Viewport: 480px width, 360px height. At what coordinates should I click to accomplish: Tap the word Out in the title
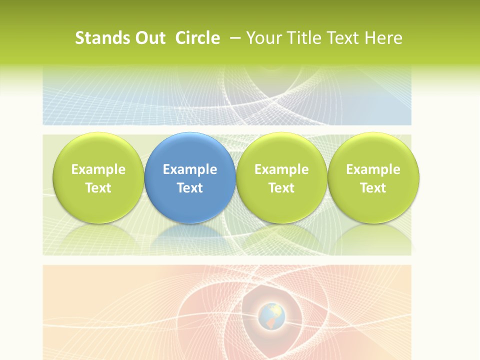click(149, 38)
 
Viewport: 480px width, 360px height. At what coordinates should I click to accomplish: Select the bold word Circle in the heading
click(197, 38)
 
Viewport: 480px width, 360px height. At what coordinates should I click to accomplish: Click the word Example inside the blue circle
click(190, 169)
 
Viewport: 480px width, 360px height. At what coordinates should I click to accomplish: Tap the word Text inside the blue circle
click(190, 188)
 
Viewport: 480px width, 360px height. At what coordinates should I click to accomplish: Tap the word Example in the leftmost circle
click(98, 169)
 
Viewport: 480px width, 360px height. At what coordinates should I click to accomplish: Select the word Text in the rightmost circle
click(373, 188)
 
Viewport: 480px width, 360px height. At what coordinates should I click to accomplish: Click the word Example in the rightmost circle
click(373, 169)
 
